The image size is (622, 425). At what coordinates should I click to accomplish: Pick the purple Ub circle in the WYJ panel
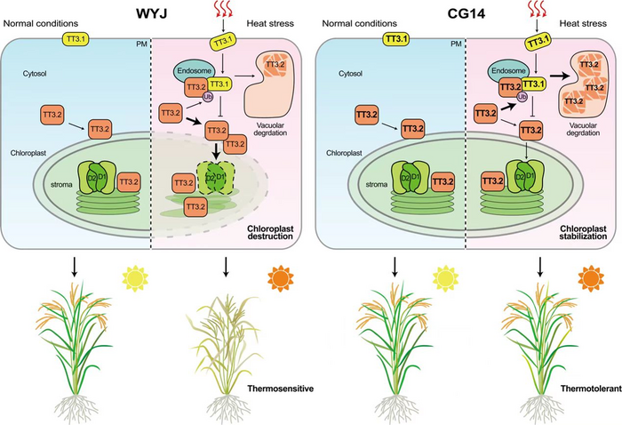tap(211, 98)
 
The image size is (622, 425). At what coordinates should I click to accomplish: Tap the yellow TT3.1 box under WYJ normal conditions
tap(75, 40)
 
